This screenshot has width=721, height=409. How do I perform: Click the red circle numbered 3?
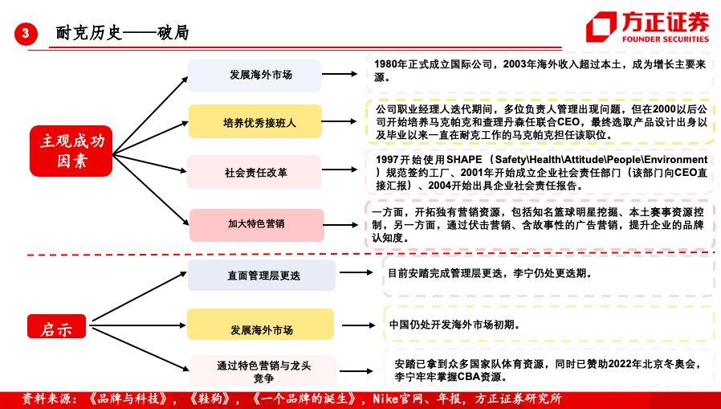[25, 33]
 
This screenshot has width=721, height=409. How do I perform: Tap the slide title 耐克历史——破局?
[122, 33]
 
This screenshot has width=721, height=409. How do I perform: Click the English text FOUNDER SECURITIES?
[666, 39]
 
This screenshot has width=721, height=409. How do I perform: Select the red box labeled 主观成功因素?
[71, 151]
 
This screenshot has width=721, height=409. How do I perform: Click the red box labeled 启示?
[56, 327]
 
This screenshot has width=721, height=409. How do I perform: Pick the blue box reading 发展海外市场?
[255, 75]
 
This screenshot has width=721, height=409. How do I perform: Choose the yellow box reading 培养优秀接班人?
[255, 121]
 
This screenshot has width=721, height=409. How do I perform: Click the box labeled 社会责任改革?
[254, 172]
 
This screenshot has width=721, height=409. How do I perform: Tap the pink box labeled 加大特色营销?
[257, 225]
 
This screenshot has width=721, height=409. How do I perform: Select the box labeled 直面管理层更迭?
[262, 275]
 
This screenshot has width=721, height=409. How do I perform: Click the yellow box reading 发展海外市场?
[260, 325]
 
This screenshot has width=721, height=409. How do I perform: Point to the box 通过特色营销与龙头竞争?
[263, 370]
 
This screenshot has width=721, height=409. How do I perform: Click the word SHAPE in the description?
[464, 160]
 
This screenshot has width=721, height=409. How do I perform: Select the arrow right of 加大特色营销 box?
[340, 225]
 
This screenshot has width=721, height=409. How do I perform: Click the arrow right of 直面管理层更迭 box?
[356, 272]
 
